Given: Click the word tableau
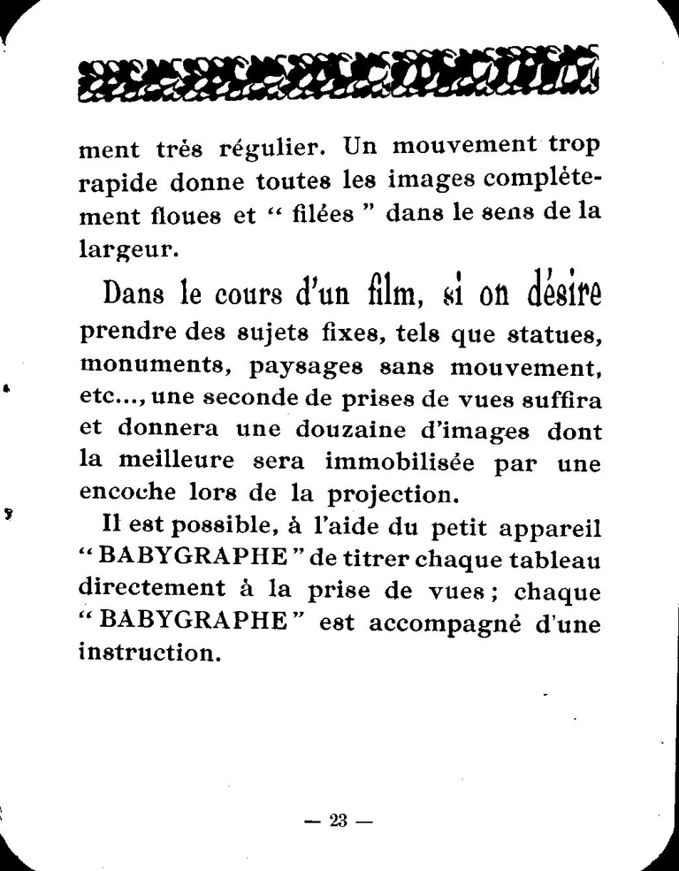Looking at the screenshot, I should [x=554, y=560].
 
